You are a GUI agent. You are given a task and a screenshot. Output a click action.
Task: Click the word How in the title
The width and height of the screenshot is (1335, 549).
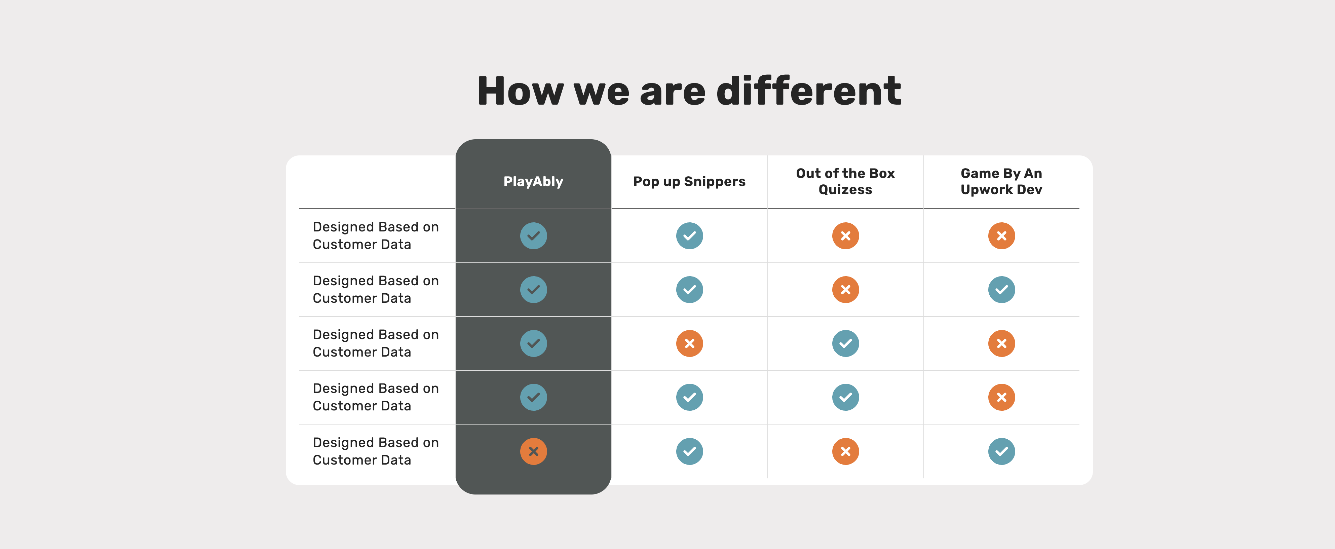tap(520, 91)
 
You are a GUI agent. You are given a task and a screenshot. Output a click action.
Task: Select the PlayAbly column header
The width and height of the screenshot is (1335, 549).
tap(533, 181)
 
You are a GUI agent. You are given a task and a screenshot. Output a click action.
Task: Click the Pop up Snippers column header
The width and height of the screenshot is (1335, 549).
tap(689, 181)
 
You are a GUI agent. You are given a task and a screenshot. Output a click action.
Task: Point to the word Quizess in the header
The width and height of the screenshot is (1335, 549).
tap(845, 190)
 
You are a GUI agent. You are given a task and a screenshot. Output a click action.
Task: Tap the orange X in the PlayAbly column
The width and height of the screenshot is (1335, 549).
tap(533, 451)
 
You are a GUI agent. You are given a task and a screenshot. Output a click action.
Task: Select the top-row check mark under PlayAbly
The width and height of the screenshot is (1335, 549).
tap(533, 236)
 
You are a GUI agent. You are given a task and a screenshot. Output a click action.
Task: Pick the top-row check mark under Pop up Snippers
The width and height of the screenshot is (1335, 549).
tap(689, 236)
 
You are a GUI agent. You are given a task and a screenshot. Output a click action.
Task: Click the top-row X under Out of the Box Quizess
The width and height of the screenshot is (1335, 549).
tap(845, 236)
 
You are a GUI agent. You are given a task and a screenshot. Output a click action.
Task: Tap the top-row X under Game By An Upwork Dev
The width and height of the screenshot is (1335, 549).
tap(1001, 236)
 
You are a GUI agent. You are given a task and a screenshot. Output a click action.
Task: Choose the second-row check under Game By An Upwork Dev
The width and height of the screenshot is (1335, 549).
tap(1001, 290)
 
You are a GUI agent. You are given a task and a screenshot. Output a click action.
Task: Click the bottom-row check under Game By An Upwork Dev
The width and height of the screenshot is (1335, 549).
tap(1001, 451)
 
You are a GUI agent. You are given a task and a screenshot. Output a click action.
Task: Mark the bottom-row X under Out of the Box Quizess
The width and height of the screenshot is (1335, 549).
tap(845, 451)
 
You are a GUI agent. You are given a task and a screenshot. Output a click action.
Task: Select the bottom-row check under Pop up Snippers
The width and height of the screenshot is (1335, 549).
tap(689, 451)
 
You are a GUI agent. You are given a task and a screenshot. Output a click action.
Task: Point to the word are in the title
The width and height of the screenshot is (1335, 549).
tap(673, 91)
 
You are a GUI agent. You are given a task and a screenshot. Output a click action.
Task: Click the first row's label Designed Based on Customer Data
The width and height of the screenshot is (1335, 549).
tap(376, 236)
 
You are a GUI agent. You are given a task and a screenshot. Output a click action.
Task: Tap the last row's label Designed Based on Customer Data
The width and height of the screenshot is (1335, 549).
tap(376, 451)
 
